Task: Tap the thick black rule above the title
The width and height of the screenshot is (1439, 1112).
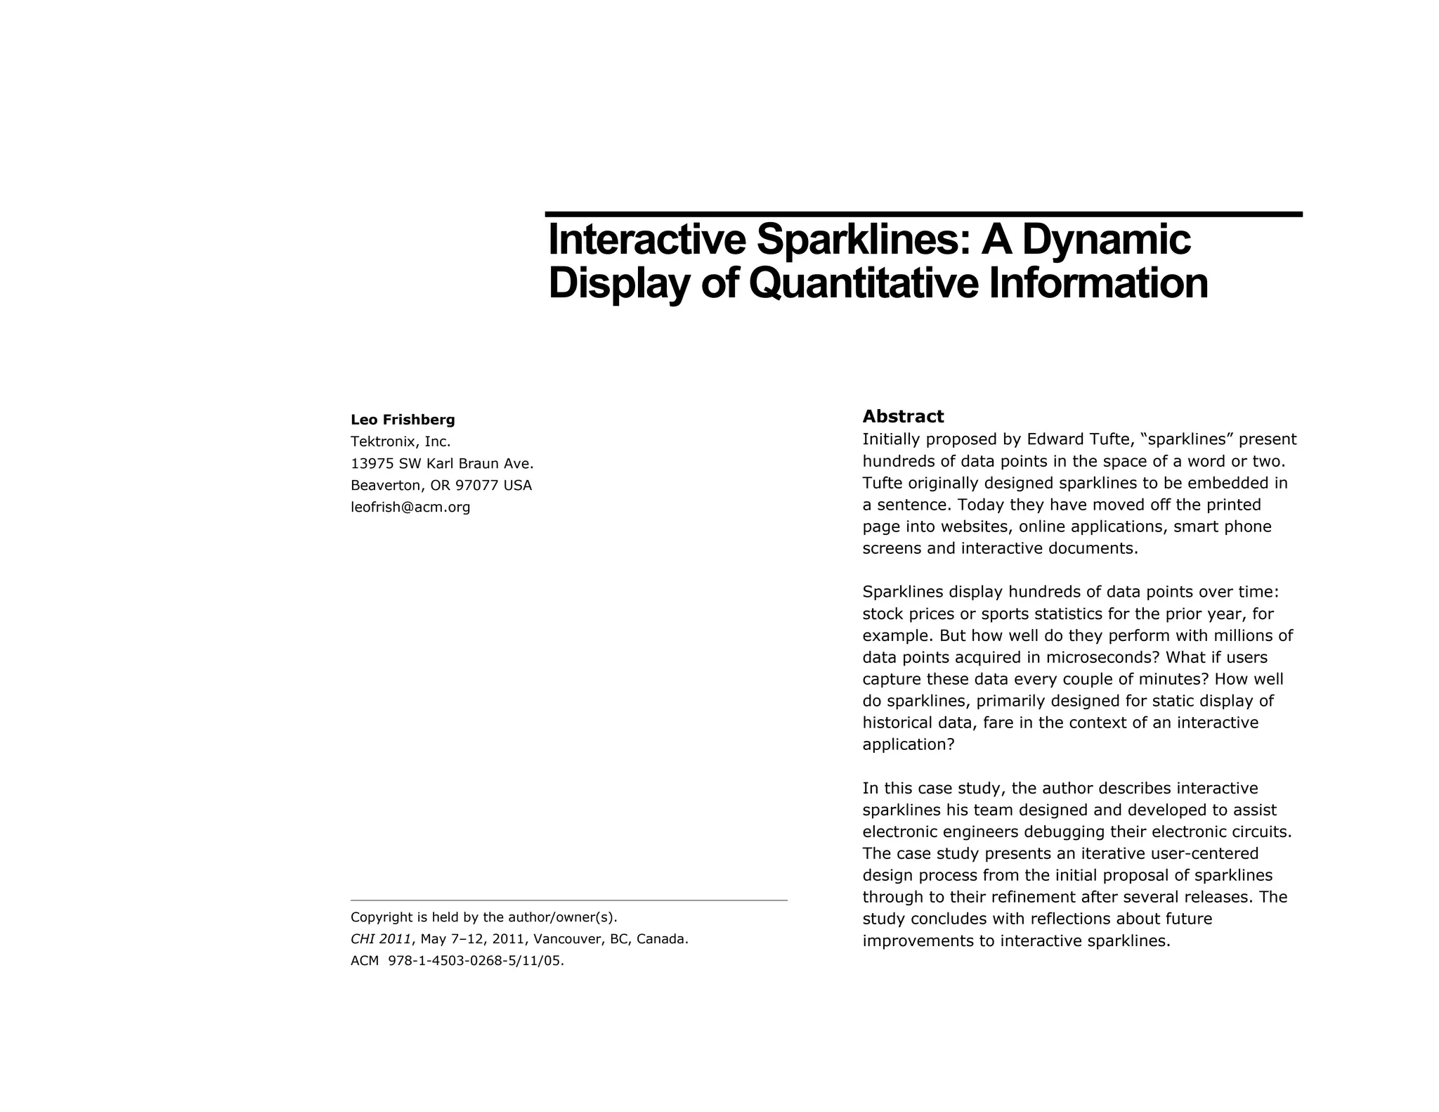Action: click(923, 214)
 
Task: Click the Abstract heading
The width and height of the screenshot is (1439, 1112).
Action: click(903, 417)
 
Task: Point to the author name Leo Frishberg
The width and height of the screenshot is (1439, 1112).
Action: click(403, 420)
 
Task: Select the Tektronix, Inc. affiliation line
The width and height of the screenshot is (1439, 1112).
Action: click(401, 442)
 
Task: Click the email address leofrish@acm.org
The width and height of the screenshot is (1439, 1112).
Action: click(410, 507)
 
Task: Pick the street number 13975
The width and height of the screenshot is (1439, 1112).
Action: click(372, 464)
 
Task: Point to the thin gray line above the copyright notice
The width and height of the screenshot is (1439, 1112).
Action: click(568, 900)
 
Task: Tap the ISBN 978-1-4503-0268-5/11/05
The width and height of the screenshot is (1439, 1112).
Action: click(476, 961)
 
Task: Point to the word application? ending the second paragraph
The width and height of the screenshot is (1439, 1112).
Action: click(909, 745)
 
